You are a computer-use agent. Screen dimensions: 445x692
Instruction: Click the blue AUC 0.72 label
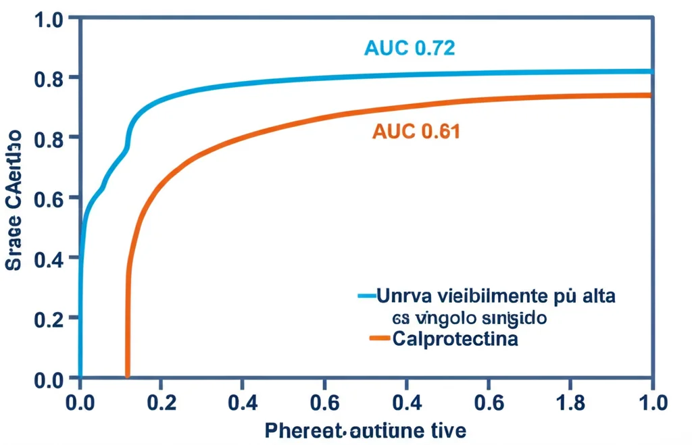click(x=409, y=49)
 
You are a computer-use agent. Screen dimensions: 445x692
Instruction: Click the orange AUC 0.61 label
click(x=416, y=132)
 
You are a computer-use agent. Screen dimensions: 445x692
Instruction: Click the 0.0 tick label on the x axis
click(x=80, y=403)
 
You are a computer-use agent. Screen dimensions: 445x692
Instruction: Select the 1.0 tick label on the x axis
click(x=652, y=403)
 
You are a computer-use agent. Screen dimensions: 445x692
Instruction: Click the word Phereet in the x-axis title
click(x=303, y=430)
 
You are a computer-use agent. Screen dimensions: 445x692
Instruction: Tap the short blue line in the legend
click(x=366, y=296)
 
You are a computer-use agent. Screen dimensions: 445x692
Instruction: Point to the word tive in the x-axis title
click(x=447, y=430)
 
